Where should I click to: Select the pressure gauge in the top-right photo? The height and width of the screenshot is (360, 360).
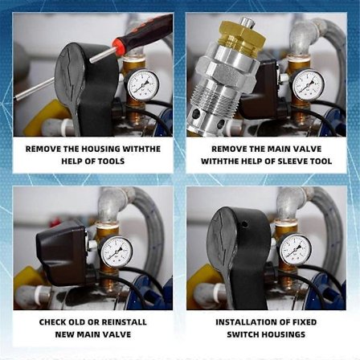pyautogui.click(x=308, y=84)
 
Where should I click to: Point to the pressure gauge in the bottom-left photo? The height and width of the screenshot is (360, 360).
pyautogui.click(x=117, y=251)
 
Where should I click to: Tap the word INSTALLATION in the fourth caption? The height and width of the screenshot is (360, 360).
pyautogui.click(x=243, y=321)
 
